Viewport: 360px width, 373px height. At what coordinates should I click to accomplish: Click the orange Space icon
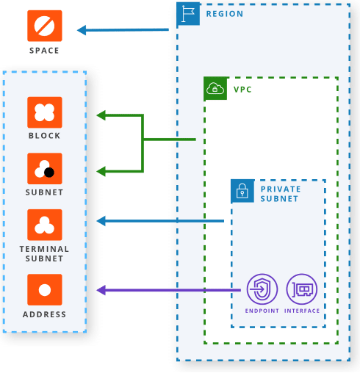[x=45, y=26]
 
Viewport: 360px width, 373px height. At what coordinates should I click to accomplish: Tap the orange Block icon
[x=45, y=112]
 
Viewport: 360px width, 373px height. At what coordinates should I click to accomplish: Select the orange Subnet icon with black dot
[x=45, y=169]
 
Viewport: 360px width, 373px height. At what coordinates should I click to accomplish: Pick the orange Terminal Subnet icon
[x=45, y=225]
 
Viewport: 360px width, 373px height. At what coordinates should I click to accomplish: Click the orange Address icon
[x=45, y=290]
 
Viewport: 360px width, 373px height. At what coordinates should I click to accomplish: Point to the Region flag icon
[x=188, y=14]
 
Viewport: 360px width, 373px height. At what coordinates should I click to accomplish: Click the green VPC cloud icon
[x=215, y=88]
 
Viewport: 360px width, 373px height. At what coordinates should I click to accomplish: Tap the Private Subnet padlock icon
[x=242, y=191]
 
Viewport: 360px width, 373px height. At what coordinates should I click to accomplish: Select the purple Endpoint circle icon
[x=262, y=289]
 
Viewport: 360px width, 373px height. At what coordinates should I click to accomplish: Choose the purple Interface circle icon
[x=302, y=289]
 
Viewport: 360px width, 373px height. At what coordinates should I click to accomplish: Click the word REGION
[x=225, y=14]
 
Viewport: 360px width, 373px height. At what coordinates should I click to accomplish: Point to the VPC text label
[x=242, y=90]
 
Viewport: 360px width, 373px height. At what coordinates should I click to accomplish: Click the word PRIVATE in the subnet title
[x=281, y=189]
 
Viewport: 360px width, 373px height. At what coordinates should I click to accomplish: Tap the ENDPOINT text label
[x=262, y=311]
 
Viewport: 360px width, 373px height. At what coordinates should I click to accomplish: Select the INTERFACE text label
[x=302, y=311]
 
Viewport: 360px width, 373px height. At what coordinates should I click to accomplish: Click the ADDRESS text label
[x=44, y=314]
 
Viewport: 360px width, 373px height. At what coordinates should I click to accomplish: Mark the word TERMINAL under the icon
[x=44, y=249]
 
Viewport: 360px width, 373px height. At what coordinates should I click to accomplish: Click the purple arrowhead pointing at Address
[x=101, y=290]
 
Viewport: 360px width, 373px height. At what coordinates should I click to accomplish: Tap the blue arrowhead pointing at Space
[x=82, y=30]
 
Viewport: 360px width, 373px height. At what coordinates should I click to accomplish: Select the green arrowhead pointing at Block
[x=101, y=115]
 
